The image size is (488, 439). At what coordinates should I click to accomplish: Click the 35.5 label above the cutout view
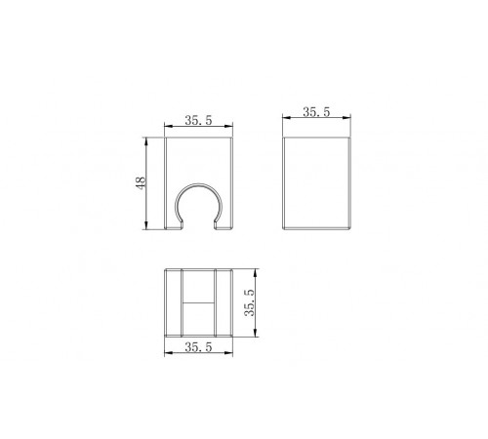coord(198,120)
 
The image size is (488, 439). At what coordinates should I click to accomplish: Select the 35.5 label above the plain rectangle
coord(316,112)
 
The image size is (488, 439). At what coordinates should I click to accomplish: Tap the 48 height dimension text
coord(141,183)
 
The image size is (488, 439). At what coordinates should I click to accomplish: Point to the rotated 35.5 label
coord(250,302)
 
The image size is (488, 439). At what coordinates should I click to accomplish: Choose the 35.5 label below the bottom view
coord(198,347)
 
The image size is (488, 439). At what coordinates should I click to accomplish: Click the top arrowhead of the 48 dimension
coord(146,141)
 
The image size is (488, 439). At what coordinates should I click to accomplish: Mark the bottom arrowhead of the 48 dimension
coord(146,225)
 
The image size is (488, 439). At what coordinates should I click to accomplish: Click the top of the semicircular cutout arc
coord(198,184)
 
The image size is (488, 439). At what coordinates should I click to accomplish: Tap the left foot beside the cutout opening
coord(174,226)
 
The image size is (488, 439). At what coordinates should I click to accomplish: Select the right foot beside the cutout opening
coord(224,226)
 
